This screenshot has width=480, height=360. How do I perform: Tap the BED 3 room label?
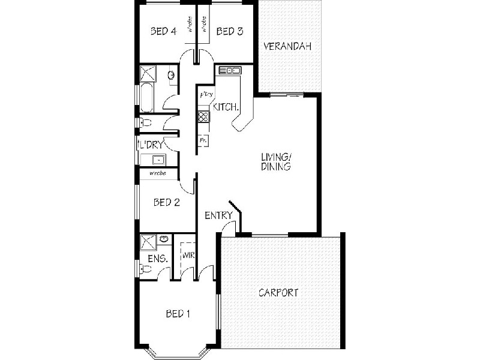pyautogui.click(x=230, y=32)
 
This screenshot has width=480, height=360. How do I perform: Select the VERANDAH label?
pyautogui.click(x=287, y=46)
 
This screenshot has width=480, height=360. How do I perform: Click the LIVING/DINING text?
pyautogui.click(x=275, y=162)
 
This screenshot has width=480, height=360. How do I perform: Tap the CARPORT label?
pyautogui.click(x=278, y=293)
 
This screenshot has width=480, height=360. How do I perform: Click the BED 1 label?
pyautogui.click(x=179, y=313)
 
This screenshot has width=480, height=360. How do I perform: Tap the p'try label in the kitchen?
pyautogui.click(x=206, y=94)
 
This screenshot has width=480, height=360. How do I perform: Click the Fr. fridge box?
pyautogui.click(x=203, y=140)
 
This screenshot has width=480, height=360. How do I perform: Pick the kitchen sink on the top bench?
pyautogui.click(x=229, y=70)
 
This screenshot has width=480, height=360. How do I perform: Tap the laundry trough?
pyautogui.click(x=158, y=160)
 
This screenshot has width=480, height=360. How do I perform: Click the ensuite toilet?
pyautogui.click(x=144, y=269)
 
